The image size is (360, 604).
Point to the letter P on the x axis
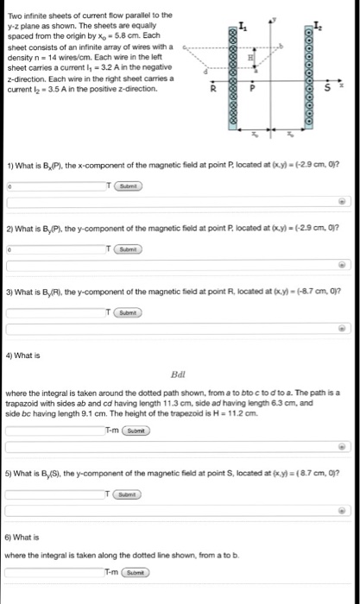click(253, 88)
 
